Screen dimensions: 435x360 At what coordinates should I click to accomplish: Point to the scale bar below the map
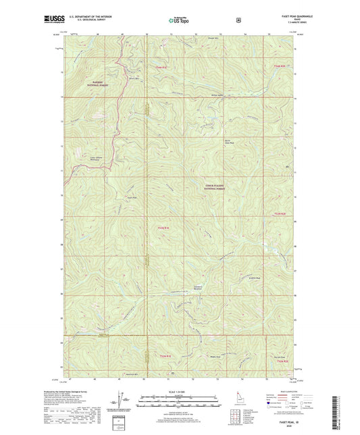click(x=180, y=403)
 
